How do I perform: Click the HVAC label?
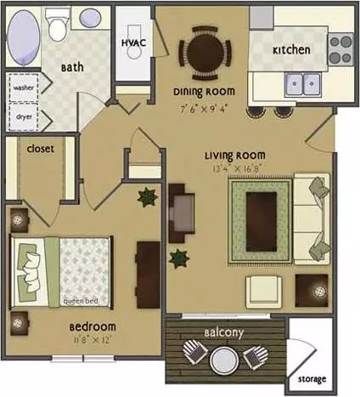point(133,43)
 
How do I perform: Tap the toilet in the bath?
point(57,25)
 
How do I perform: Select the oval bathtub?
point(24,37)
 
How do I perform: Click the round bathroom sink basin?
point(91,18)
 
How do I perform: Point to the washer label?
point(24,88)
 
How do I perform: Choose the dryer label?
point(24,116)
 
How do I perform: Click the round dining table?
point(205,53)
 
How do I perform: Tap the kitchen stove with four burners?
point(340,49)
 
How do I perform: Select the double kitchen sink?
point(303,84)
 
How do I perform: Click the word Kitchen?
point(291,50)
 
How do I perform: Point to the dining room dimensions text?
point(204,109)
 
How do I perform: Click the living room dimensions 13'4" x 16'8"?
point(236,168)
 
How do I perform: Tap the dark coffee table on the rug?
point(262,222)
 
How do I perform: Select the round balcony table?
point(224,360)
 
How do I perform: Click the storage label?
point(312,379)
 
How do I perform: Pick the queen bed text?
point(81,301)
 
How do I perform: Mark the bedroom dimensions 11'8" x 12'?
point(91,340)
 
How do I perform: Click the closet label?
point(40,149)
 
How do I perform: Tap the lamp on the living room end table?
point(320,291)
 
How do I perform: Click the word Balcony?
point(224,332)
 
